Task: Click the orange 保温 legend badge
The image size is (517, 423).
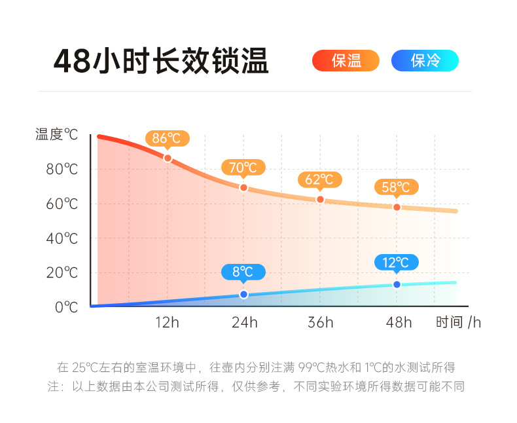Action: tap(346, 61)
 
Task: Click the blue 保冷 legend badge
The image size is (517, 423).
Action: tap(425, 61)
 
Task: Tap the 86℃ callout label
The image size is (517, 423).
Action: tap(167, 138)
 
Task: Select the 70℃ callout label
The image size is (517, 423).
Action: tap(243, 167)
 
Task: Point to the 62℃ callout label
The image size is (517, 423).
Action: tap(319, 179)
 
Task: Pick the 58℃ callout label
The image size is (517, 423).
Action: tap(396, 187)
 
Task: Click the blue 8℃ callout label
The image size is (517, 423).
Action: tap(243, 271)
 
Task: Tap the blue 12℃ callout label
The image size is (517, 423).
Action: tap(396, 263)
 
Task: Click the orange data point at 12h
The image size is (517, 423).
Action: tap(168, 158)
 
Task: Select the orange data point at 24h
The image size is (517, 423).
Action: tap(243, 187)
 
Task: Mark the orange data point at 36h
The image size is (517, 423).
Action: tap(320, 199)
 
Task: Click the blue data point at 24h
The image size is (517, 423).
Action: tap(243, 295)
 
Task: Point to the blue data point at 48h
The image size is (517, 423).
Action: tap(397, 284)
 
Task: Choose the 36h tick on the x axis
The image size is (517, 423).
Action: tap(320, 322)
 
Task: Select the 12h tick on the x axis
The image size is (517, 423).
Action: tap(167, 322)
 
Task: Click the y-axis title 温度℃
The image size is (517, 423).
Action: tap(56, 135)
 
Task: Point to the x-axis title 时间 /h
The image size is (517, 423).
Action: tap(458, 322)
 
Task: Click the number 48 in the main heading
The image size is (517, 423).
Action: tap(72, 62)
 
